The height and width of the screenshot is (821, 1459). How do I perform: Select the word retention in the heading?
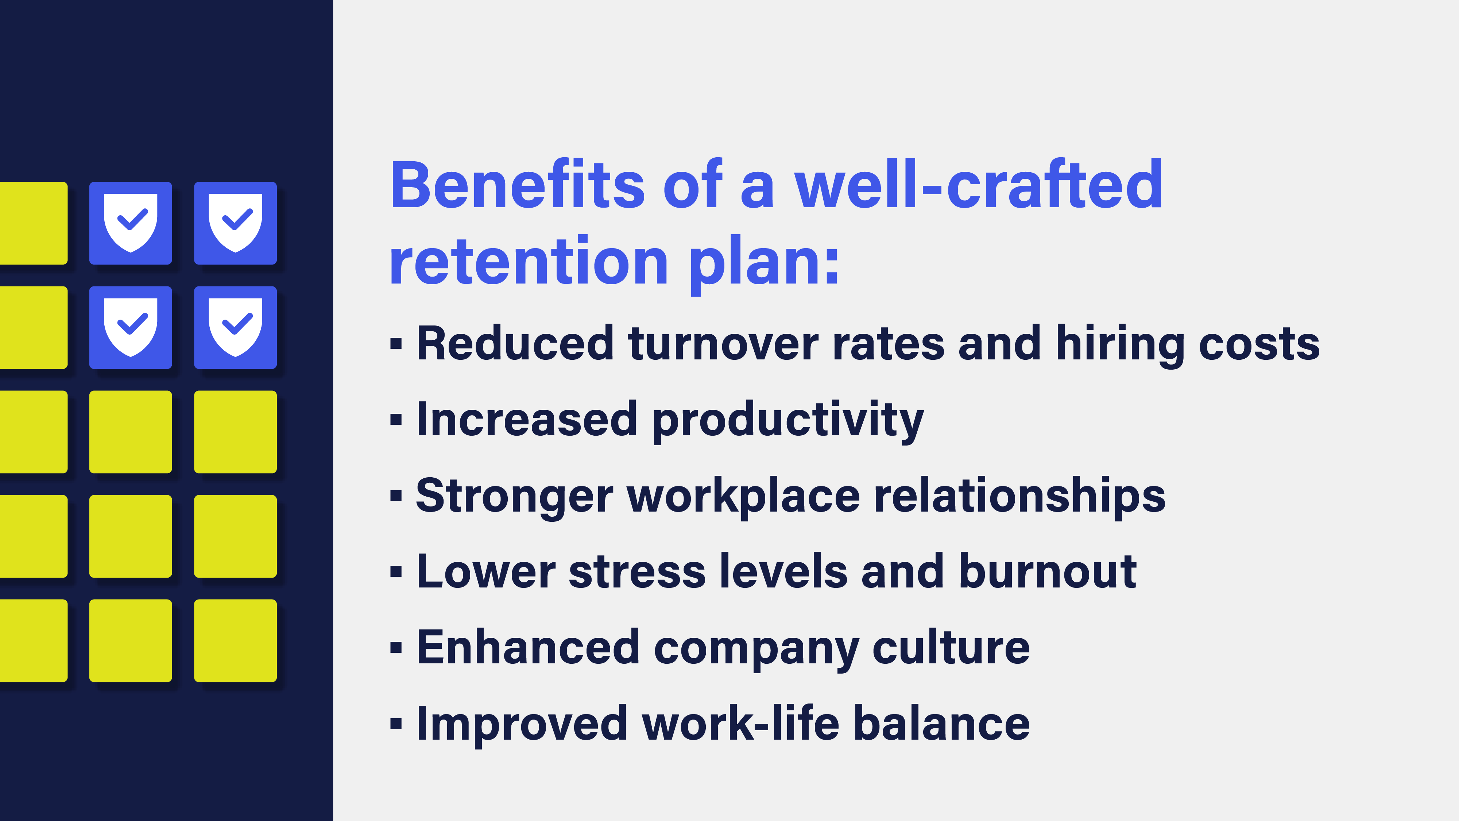coord(529,262)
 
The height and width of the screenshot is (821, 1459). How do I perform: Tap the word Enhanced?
coord(528,648)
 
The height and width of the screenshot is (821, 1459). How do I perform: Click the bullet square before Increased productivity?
coord(396,420)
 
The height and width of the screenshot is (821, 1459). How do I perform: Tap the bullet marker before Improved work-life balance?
coord(396,724)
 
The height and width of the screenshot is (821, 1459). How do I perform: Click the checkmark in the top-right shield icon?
coord(237,219)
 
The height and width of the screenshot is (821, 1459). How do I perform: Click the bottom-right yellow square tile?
coord(235,640)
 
